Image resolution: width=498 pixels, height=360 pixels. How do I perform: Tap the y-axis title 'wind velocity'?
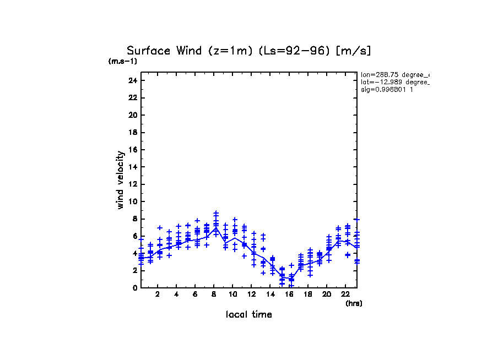point(120,180)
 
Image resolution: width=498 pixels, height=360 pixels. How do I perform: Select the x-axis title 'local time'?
point(248,315)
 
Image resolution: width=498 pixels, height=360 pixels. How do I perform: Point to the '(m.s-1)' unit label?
point(123,61)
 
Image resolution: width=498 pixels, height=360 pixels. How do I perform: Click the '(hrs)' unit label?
point(354,303)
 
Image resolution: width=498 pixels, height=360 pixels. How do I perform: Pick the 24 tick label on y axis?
point(132,80)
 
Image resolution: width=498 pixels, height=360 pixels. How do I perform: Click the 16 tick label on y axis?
point(132,150)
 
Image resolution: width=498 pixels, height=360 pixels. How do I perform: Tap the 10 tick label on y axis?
point(132,201)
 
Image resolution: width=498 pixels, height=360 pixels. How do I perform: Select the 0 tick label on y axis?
point(134,288)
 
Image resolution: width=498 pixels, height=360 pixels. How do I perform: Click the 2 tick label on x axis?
point(158,294)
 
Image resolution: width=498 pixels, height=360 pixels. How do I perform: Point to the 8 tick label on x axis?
point(214,294)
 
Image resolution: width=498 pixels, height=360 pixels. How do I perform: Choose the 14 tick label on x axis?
point(270,294)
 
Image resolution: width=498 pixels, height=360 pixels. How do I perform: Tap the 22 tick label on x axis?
point(345,294)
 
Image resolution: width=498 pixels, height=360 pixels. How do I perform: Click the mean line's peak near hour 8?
point(216,227)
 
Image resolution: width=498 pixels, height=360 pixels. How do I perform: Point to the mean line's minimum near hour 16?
point(291,279)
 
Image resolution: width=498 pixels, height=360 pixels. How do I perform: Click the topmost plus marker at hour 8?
point(216,212)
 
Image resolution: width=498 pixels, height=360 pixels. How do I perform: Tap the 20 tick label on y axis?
point(132,115)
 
